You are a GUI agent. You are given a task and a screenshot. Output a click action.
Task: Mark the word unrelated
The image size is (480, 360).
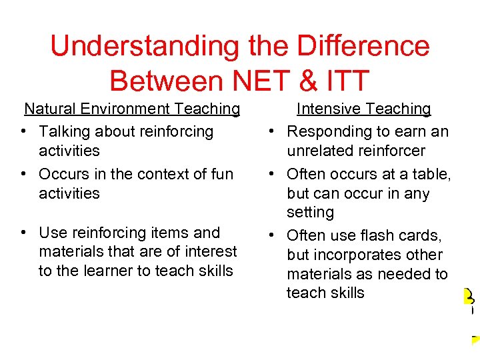click(x=319, y=151)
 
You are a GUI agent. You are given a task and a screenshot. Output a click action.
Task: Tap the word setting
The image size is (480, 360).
click(x=310, y=213)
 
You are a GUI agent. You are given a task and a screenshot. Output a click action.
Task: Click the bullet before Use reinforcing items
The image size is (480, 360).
click(x=23, y=233)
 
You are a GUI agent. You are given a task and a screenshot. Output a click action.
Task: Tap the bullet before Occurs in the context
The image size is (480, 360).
click(x=23, y=175)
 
